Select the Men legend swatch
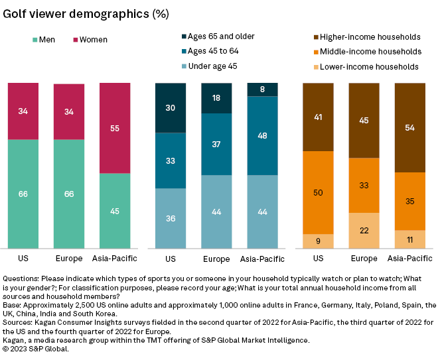35,40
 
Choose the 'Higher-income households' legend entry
364,36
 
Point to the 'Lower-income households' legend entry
363,66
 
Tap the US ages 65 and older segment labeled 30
171,108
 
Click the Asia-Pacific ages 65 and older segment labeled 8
263,90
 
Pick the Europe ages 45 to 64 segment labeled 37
217,144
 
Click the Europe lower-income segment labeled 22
364,231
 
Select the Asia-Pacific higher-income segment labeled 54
410,127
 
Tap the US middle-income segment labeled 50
319,192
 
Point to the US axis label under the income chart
319,259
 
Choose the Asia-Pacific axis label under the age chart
263,259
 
